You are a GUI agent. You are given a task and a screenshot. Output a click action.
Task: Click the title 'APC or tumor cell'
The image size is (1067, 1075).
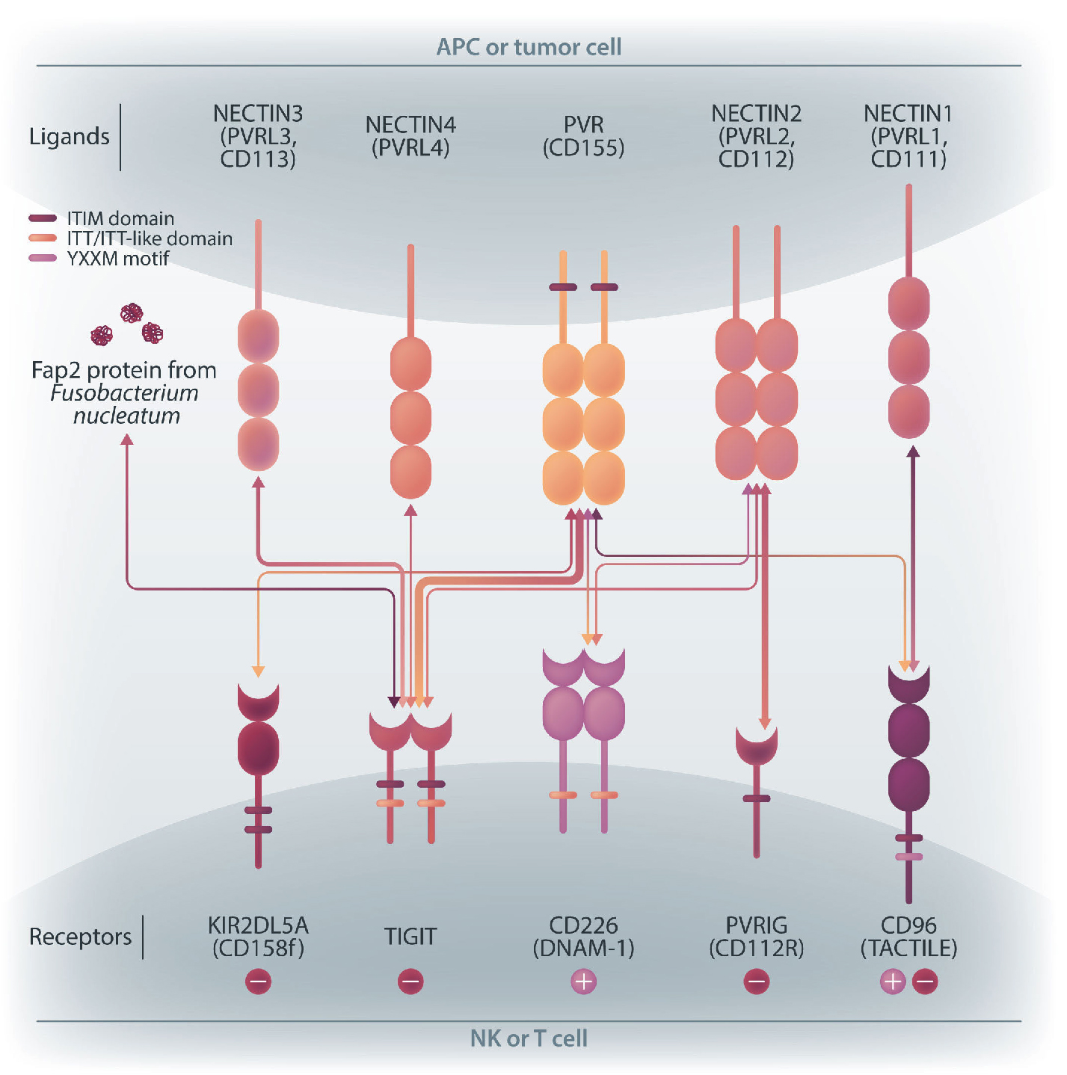tap(529, 47)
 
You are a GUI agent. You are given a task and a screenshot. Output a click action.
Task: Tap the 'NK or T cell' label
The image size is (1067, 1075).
tap(529, 1038)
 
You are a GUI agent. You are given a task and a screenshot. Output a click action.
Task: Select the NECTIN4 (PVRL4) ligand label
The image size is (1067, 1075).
tap(410, 136)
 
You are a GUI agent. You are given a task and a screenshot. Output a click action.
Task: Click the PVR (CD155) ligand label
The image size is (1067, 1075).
tap(583, 136)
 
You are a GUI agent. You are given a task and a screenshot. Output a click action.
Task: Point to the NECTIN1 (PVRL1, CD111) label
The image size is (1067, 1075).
tap(908, 136)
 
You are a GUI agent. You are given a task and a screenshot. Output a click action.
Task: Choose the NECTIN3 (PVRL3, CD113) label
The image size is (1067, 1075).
tap(258, 136)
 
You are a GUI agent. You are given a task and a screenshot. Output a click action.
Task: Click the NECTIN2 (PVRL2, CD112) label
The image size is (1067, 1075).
tap(756, 136)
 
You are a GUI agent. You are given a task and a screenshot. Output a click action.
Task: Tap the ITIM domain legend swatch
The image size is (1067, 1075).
tap(43, 218)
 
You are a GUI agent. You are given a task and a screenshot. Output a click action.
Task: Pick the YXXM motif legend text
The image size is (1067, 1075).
tap(118, 259)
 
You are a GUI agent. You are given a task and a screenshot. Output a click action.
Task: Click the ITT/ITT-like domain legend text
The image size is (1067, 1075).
tap(150, 238)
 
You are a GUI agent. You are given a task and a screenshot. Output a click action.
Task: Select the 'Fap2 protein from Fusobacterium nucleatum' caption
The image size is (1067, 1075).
tap(124, 392)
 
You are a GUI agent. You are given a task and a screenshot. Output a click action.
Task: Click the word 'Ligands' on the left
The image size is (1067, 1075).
tap(69, 137)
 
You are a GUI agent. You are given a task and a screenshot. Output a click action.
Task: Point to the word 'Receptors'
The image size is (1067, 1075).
tap(80, 937)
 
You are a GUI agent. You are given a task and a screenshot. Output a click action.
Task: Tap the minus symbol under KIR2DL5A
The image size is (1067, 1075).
tap(258, 982)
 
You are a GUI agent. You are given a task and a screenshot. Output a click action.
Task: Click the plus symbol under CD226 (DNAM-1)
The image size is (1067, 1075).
tap(584, 982)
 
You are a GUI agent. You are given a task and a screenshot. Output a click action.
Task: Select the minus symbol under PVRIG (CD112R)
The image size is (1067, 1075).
tap(756, 982)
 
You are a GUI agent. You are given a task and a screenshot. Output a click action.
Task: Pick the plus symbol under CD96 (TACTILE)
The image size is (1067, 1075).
tap(893, 982)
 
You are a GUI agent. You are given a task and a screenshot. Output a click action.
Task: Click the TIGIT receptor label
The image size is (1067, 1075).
tap(410, 937)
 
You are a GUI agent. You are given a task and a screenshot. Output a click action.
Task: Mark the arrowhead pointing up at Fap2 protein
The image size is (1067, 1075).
tap(127, 440)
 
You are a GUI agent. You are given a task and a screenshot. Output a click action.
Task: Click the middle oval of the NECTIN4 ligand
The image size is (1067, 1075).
tap(410, 418)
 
